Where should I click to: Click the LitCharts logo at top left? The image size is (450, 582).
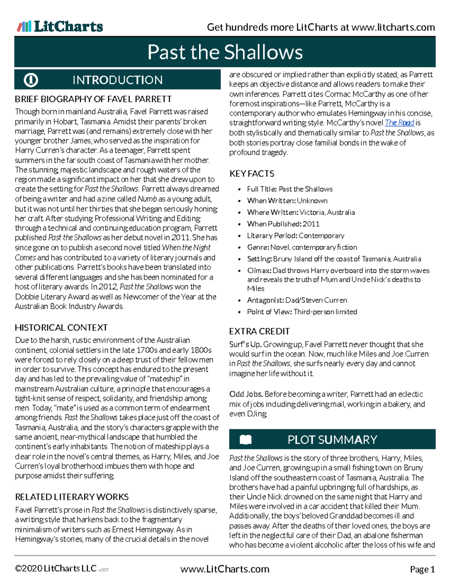click(60, 26)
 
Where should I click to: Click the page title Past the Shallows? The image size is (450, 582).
click(225, 52)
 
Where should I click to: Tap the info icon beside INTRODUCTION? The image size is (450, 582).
click(31, 80)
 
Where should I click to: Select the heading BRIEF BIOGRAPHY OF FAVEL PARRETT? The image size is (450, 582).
click(93, 99)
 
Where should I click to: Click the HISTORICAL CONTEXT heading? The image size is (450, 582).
click(61, 328)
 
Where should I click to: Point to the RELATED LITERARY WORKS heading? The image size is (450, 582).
click(72, 497)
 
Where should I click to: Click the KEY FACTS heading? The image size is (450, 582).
click(252, 174)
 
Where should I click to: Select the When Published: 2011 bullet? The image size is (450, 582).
click(283, 224)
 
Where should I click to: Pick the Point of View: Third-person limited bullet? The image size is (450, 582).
click(302, 312)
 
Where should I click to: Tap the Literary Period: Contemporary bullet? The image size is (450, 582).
click(295, 236)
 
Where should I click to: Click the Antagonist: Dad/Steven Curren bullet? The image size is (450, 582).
click(297, 300)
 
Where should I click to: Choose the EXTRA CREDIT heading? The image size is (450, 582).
click(259, 331)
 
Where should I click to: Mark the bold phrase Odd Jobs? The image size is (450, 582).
click(246, 394)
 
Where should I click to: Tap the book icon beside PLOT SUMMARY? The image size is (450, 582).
click(246, 440)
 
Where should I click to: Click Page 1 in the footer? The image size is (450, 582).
click(422, 569)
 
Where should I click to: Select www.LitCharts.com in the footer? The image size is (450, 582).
click(225, 569)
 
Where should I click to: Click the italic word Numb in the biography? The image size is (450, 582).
click(147, 199)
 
